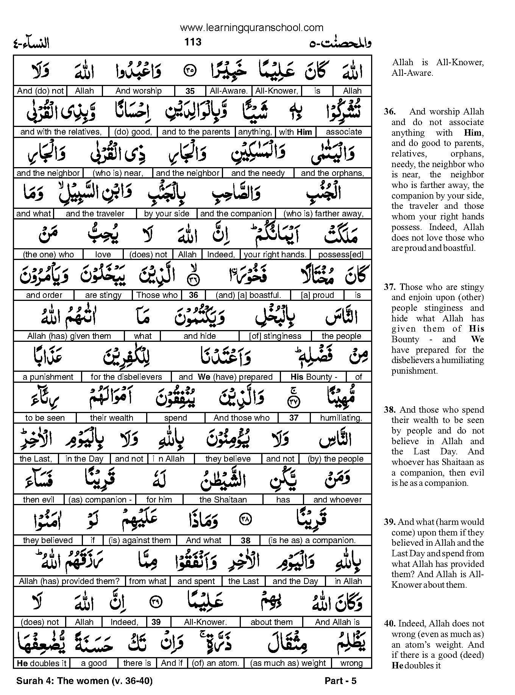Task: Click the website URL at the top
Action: tap(252, 28)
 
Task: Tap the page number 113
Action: tap(193, 42)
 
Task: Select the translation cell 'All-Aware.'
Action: tap(228, 91)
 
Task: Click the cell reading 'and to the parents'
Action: tap(196, 132)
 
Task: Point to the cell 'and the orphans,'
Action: tap(332, 173)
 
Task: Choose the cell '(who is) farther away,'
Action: tap(323, 214)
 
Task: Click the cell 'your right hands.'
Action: tap(275, 255)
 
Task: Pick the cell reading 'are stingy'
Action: tap(103, 295)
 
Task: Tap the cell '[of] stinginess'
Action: tap(275, 336)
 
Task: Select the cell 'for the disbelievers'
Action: tap(126, 377)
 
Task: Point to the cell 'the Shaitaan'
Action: tap(223, 500)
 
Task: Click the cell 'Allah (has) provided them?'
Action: tap(69, 581)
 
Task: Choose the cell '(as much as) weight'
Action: tap(288, 663)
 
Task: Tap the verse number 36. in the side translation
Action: tap(390, 112)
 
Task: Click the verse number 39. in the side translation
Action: tap(390, 522)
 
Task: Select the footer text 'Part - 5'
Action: tap(340, 681)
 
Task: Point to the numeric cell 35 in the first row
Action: tap(190, 91)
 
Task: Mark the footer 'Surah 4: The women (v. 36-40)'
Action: tap(84, 681)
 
